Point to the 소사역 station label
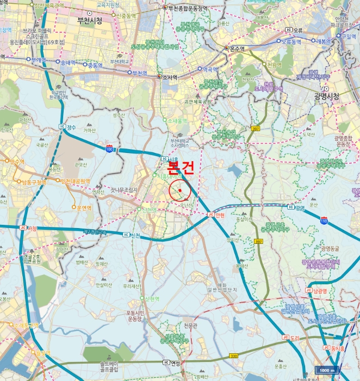(x=170, y=77)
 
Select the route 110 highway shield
(x=324, y=221)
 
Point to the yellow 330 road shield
(x=233, y=356)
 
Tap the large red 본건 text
(x=180, y=167)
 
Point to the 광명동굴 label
(x=330, y=249)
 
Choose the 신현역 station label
(x=152, y=299)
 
